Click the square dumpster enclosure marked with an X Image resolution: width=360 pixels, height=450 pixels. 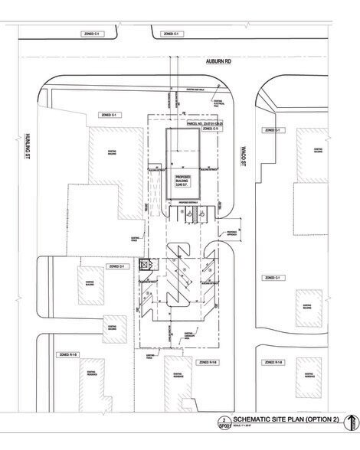coord(143,266)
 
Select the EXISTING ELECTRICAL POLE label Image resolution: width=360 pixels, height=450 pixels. coord(218,101)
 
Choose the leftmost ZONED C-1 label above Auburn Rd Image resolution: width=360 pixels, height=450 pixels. coord(93,34)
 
